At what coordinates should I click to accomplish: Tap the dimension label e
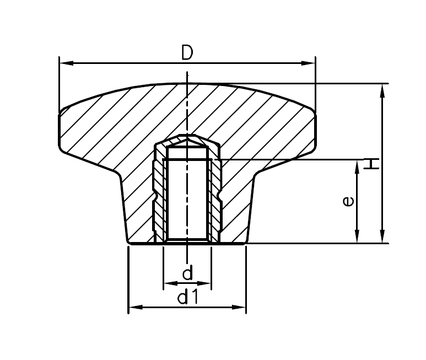pos(348,202)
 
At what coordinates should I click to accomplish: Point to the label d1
pos(187,298)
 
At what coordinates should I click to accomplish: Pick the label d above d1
pos(187,273)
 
